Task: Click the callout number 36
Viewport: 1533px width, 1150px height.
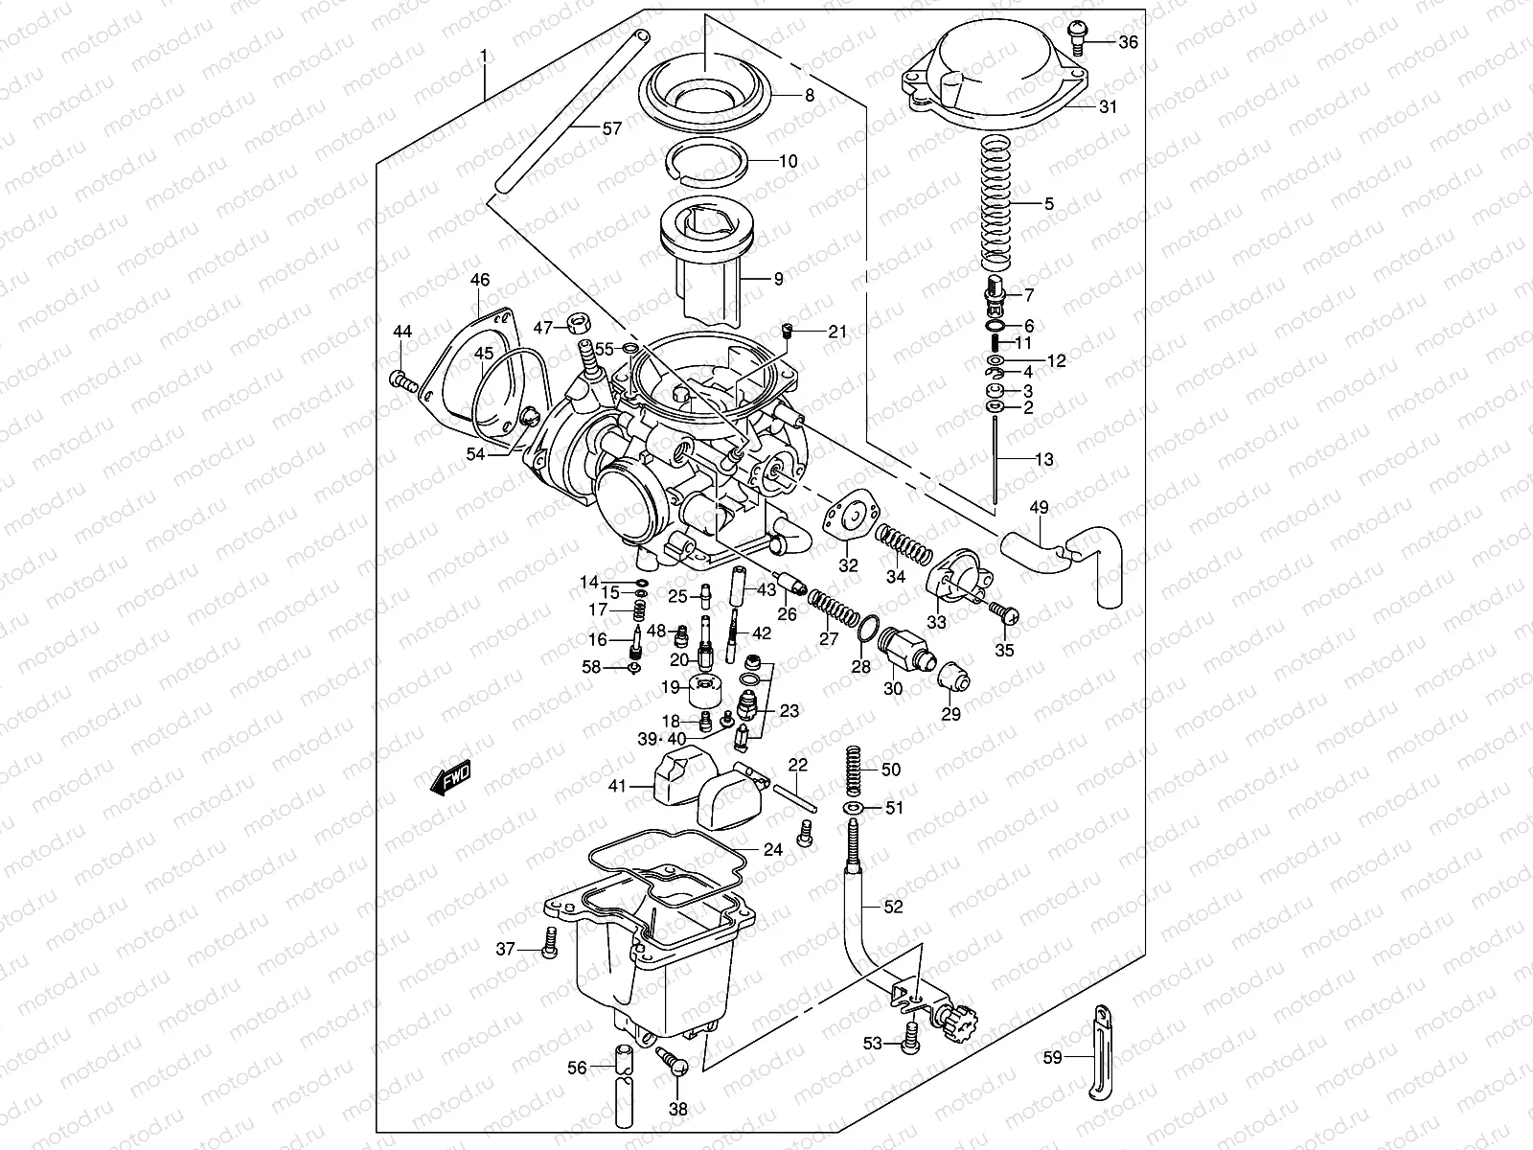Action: pos(1129,42)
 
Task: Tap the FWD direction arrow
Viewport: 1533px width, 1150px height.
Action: pos(449,777)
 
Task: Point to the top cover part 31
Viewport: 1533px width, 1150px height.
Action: pos(996,72)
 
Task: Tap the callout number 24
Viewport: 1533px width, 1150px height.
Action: pos(773,850)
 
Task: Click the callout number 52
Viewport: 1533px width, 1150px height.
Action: pos(893,907)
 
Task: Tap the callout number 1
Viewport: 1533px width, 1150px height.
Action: pos(484,57)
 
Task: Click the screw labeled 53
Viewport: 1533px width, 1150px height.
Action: pos(911,1038)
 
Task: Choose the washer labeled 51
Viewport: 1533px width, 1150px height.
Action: pos(853,810)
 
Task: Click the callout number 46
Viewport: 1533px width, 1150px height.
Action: pos(479,281)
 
